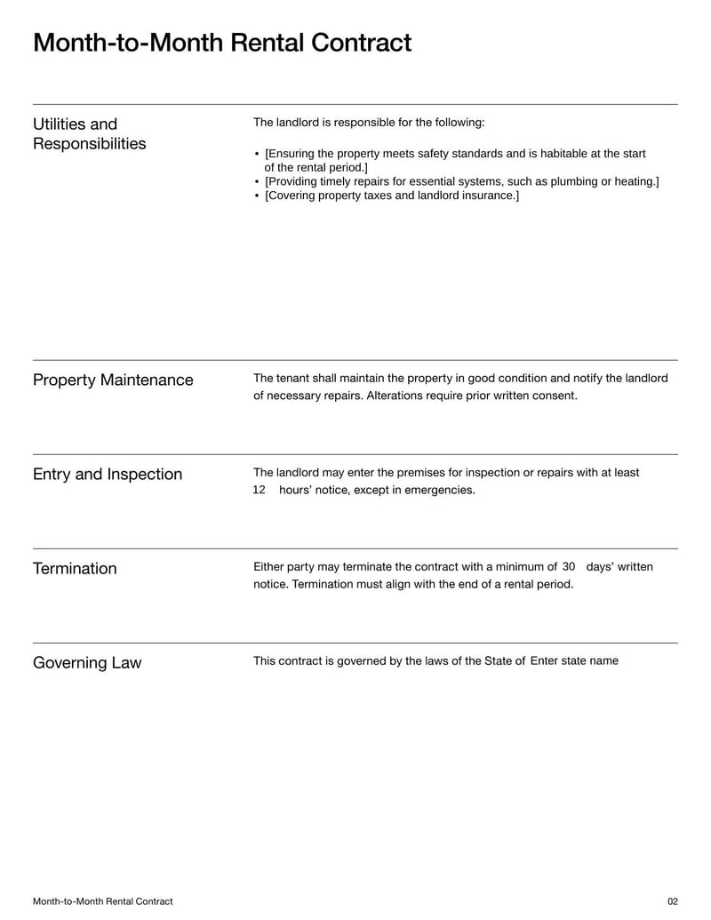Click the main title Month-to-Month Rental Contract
coord(222,43)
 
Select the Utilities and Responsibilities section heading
coord(89,133)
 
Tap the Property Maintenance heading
coord(113,380)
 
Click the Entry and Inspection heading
coord(108,474)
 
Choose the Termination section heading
coord(75,568)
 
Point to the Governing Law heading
coord(87,662)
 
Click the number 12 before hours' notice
coord(260,490)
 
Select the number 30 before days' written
coord(570,566)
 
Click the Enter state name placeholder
coord(574,660)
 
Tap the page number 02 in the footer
coord(672,901)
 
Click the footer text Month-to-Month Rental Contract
coord(103,901)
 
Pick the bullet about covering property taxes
coord(392,195)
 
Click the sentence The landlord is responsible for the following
coord(369,122)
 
